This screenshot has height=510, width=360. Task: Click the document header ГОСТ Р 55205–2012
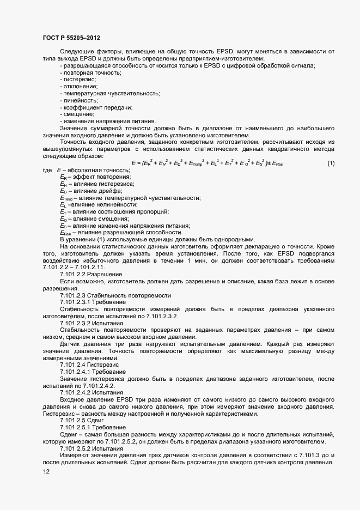71,37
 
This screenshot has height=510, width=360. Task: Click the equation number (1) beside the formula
331,163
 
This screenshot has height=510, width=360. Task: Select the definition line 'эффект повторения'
95,177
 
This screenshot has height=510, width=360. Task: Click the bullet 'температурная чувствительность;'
109,93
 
